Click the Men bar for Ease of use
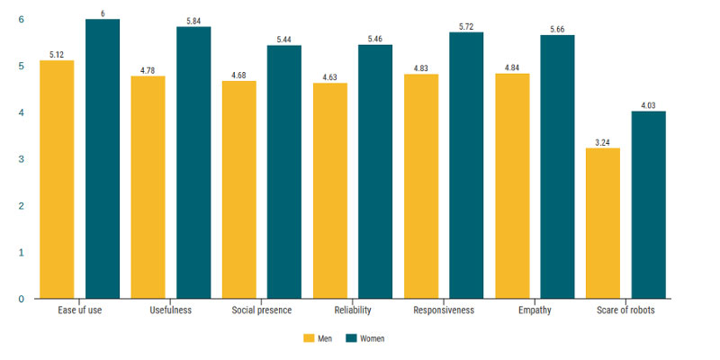[x=57, y=179]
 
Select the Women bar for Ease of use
[x=103, y=158]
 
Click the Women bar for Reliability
[x=375, y=171]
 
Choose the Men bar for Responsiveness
[x=421, y=186]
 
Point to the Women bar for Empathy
[x=557, y=166]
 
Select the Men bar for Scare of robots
[x=603, y=223]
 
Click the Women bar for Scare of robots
[x=648, y=204]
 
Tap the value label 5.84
[x=193, y=20]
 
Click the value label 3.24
[x=603, y=141]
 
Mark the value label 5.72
[x=466, y=26]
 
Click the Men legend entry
[x=319, y=338]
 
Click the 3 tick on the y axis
[x=22, y=159]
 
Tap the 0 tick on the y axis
[x=22, y=299]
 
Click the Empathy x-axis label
[x=535, y=311]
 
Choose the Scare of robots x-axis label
[x=625, y=311]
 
